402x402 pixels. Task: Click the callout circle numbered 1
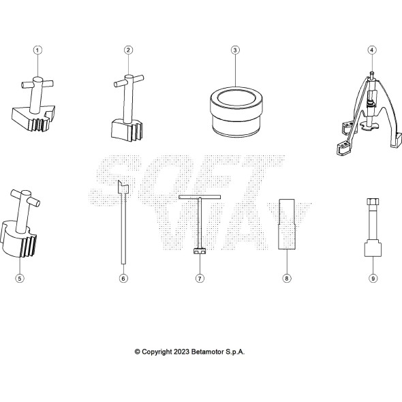(37, 50)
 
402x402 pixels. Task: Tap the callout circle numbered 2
(128, 50)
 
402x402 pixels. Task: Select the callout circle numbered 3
(234, 50)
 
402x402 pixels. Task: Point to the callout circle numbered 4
(371, 50)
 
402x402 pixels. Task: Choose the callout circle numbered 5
(20, 278)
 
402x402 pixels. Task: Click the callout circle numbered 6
(123, 278)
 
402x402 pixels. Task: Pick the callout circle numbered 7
(200, 278)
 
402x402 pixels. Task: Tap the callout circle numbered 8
(287, 278)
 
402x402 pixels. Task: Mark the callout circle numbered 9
(373, 278)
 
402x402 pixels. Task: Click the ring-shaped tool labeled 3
(234, 112)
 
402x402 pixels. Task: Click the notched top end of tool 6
(121, 187)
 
